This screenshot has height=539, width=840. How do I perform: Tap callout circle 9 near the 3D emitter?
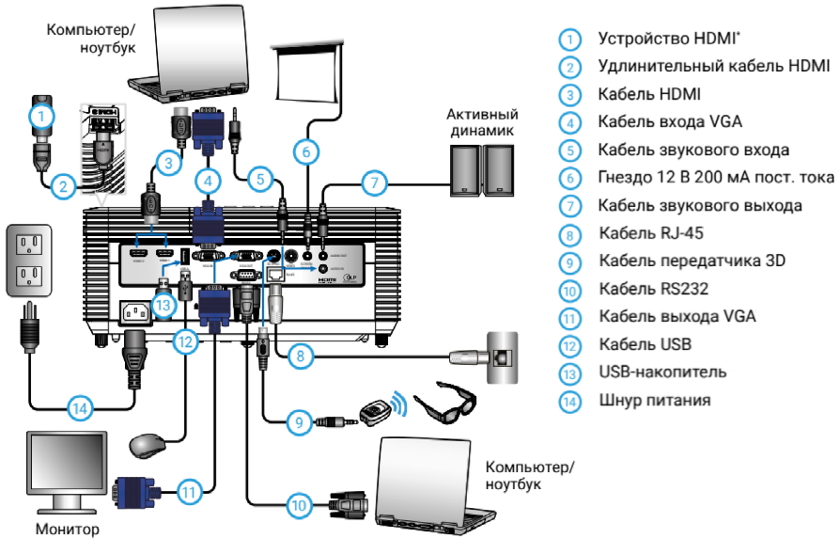[x=299, y=423]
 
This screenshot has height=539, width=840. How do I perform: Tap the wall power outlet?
[x=29, y=260]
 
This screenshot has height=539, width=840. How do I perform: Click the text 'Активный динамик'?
[x=481, y=123]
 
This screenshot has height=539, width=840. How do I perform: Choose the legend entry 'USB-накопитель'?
[x=661, y=372]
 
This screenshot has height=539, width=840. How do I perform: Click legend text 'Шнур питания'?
[x=653, y=400]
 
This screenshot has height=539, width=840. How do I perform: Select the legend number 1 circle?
[x=569, y=40]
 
